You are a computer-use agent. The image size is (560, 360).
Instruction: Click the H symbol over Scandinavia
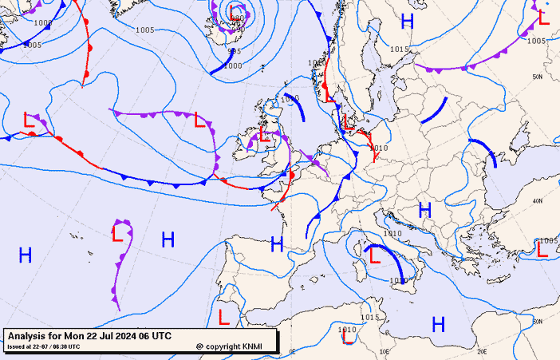[408, 22]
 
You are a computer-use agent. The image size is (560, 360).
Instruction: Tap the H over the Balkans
[425, 211]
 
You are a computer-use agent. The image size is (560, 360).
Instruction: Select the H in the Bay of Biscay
[277, 243]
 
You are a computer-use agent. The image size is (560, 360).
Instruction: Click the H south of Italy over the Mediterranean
[438, 324]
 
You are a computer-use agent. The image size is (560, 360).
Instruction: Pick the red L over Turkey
[542, 250]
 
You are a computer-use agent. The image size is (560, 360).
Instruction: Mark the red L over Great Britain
[265, 133]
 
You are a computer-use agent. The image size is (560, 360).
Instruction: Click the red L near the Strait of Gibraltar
[224, 316]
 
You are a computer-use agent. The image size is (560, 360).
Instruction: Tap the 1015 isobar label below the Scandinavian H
[400, 49]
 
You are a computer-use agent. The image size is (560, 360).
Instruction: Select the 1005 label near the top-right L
[537, 41]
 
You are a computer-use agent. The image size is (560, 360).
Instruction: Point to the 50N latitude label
[538, 77]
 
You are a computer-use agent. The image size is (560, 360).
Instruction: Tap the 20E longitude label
[481, 350]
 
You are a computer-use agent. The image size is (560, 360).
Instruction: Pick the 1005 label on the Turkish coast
[549, 240]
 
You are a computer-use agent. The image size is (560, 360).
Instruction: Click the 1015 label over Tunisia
[368, 317]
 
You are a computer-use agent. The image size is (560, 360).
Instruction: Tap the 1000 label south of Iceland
[232, 66]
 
